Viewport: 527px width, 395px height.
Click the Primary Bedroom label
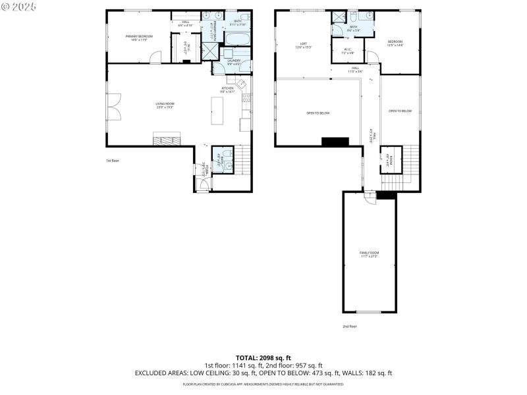pos(139,37)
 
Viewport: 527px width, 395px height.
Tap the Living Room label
pos(165,105)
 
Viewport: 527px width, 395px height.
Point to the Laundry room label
pos(234,62)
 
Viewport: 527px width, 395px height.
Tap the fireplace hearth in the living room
pos(166,138)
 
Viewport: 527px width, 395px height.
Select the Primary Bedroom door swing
pos(154,58)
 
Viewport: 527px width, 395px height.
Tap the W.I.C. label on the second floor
pos(348,51)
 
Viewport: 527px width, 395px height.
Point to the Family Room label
pos(369,254)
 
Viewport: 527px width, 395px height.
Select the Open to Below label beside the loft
pos(318,113)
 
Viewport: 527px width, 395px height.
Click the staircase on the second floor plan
pos(410,161)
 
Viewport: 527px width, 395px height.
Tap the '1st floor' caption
pos(112,161)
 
